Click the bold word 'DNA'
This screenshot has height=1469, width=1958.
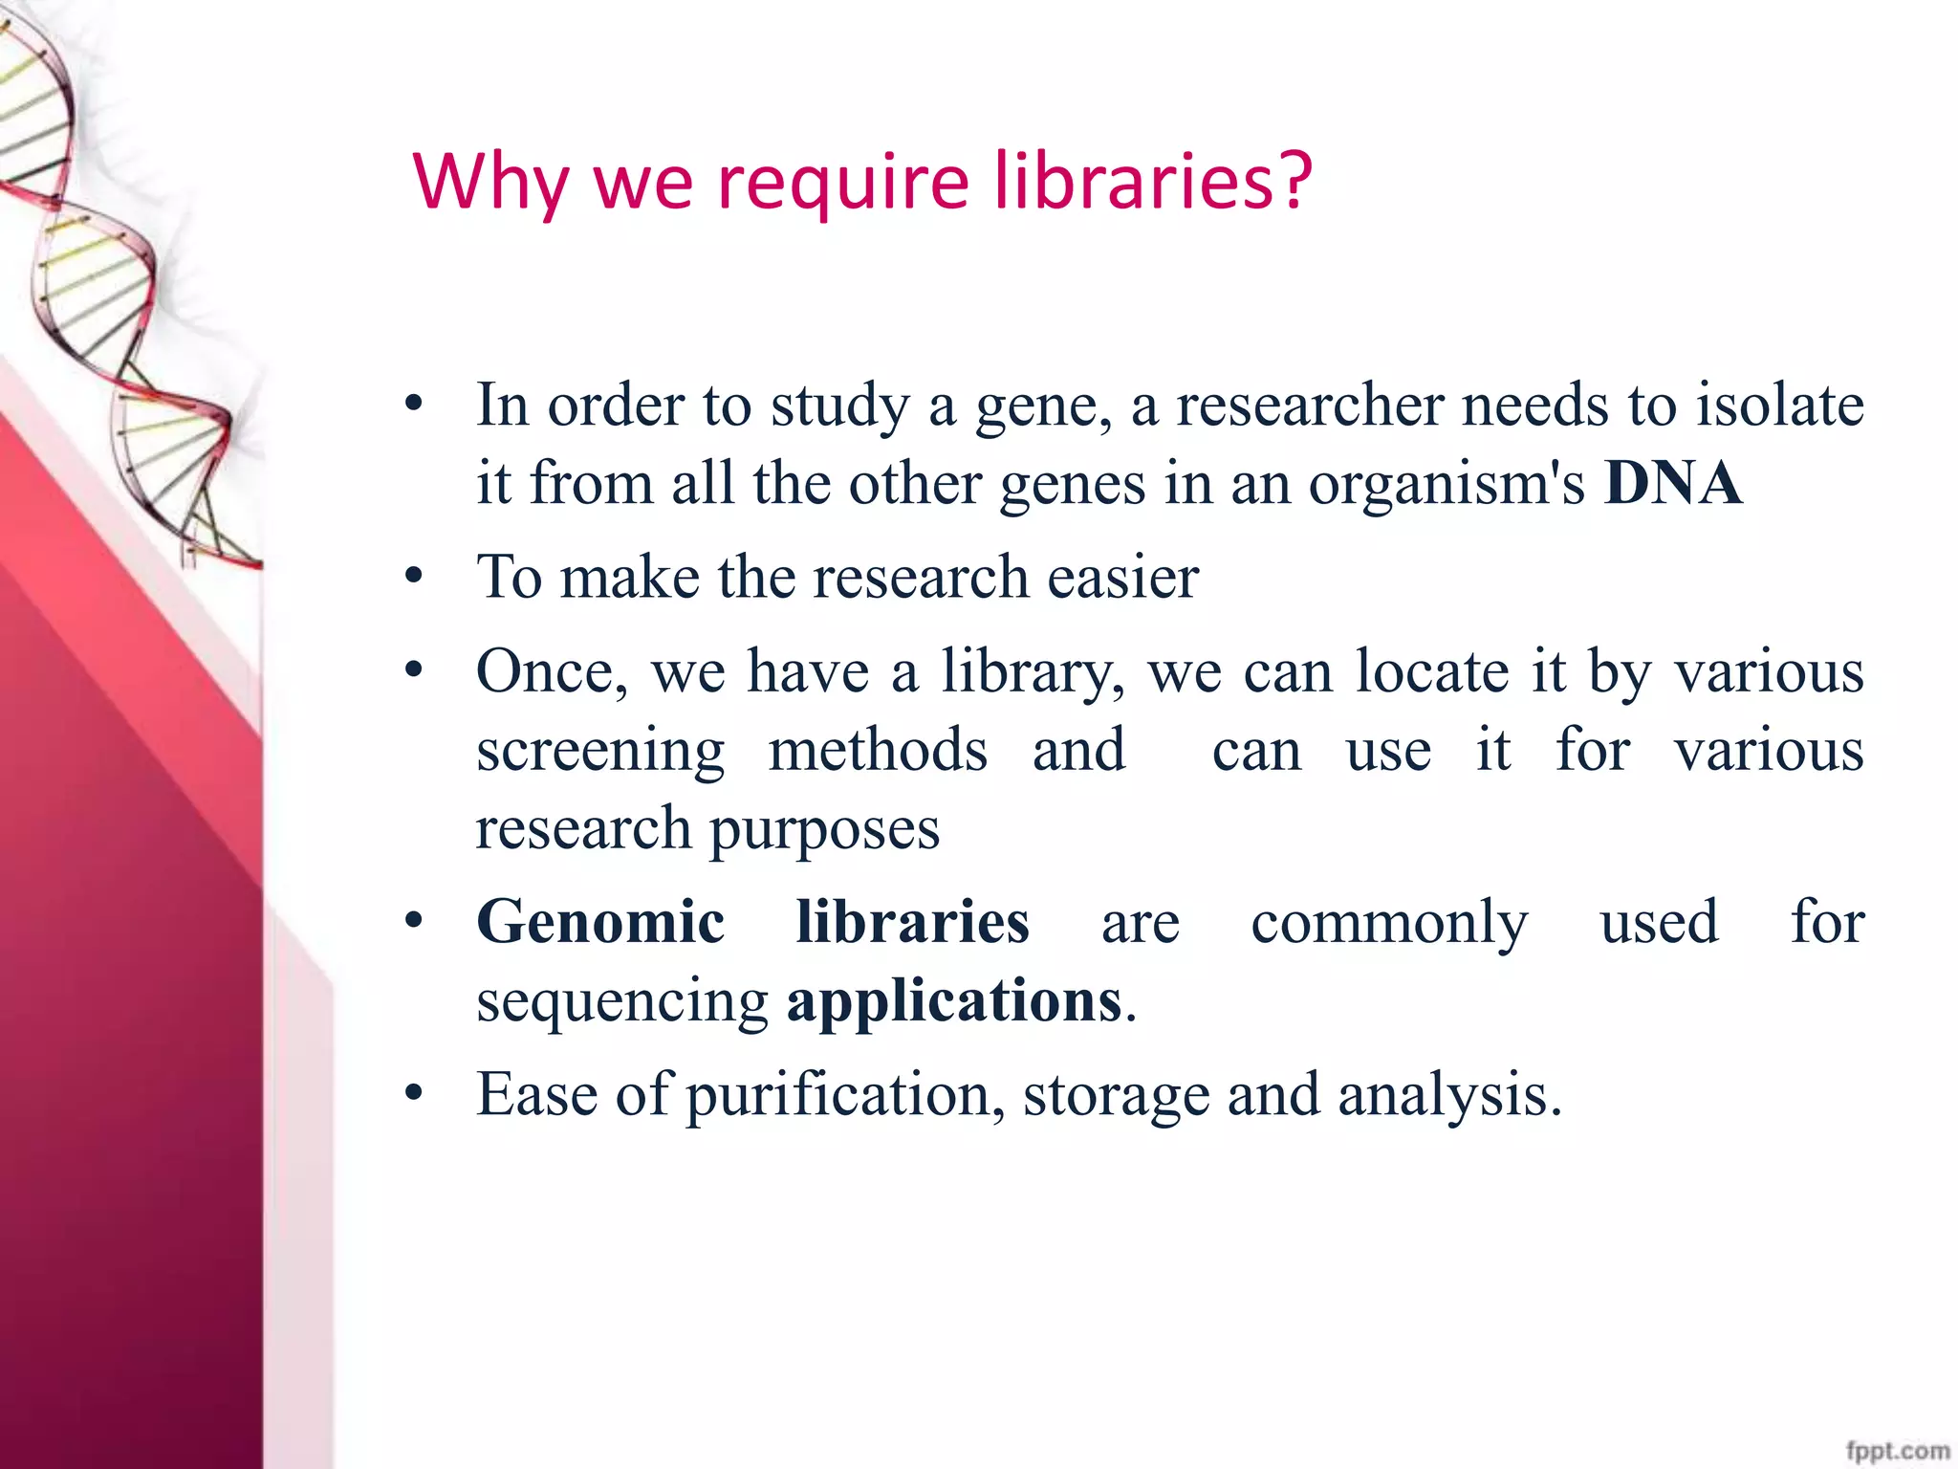pyautogui.click(x=1673, y=483)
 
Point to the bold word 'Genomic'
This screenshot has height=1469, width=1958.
pyautogui.click(x=600, y=922)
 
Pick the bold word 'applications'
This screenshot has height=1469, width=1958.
pyautogui.click(x=954, y=1000)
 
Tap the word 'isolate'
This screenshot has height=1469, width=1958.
pyautogui.click(x=1780, y=406)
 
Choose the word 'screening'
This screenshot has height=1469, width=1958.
pyautogui.click(x=600, y=752)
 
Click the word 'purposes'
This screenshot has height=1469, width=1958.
pyautogui.click(x=824, y=830)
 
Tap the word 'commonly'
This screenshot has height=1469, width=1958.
pyautogui.click(x=1389, y=924)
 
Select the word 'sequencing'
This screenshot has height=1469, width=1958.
pyautogui.click(x=622, y=1002)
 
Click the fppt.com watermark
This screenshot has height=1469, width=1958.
pyautogui.click(x=1898, y=1452)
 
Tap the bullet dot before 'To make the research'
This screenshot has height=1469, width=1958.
pyautogui.click(x=413, y=577)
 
